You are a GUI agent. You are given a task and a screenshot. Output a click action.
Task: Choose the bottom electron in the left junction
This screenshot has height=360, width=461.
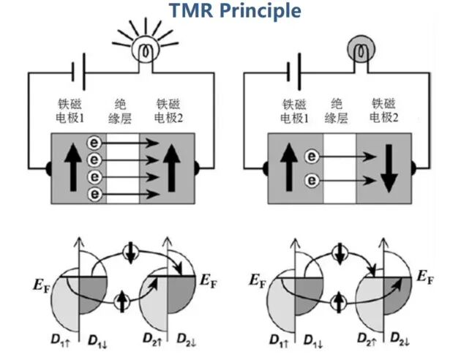click(x=94, y=194)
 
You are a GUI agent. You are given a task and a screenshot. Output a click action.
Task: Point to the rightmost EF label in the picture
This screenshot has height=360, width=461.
click(x=424, y=277)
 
